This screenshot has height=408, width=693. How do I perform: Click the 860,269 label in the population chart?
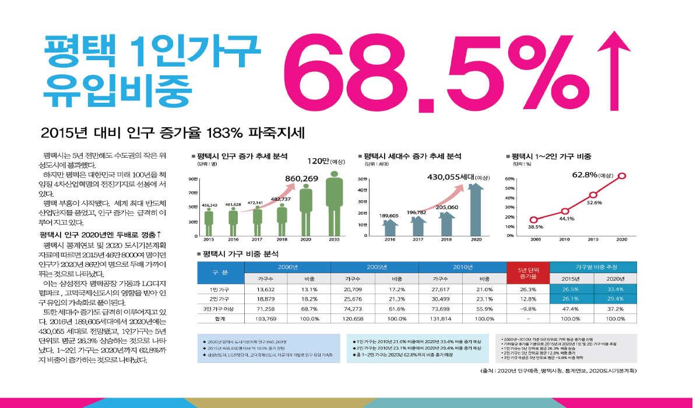click(301, 178)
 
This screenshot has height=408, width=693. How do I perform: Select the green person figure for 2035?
click(334, 207)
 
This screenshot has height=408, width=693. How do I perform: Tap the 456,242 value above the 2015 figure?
click(209, 205)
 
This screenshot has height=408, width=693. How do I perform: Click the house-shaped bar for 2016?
click(390, 228)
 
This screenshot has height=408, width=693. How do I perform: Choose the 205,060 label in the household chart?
click(446, 207)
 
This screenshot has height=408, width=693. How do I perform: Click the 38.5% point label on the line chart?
click(536, 227)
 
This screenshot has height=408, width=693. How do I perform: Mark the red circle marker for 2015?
click(593, 195)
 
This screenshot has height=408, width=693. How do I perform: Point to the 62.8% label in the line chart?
click(585, 175)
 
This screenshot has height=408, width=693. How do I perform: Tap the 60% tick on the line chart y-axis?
click(509, 179)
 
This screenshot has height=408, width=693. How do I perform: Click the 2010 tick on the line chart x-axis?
click(564, 239)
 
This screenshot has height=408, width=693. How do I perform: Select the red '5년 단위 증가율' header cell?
click(528, 273)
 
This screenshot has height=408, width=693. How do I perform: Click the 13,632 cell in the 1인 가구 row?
click(265, 289)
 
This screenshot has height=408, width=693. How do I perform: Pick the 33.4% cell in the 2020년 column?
click(615, 289)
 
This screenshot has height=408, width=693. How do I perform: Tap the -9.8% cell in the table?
click(528, 309)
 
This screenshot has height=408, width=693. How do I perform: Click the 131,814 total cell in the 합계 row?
click(440, 319)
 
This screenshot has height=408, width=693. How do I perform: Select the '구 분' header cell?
click(220, 273)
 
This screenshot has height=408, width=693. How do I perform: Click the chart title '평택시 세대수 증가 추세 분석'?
click(411, 156)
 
